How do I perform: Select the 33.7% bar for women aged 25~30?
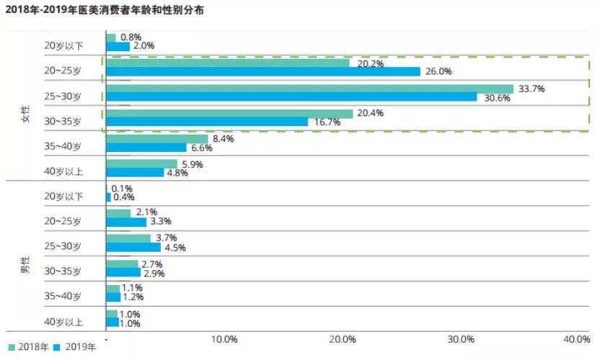click(309, 89)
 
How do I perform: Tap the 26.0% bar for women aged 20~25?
click(263, 71)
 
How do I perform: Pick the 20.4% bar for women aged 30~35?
click(229, 114)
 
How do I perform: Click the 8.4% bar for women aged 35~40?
click(157, 138)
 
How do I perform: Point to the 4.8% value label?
click(177, 173)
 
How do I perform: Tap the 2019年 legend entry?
click(76, 347)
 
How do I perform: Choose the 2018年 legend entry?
click(30, 347)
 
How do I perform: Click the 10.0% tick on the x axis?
click(225, 339)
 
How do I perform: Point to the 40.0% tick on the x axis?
click(576, 339)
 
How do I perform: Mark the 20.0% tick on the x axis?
click(342, 339)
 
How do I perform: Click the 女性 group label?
click(24, 114)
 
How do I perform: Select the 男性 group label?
click(24, 265)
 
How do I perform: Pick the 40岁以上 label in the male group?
click(63, 322)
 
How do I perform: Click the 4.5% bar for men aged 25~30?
click(133, 247)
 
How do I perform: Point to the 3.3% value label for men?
click(160, 222)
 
